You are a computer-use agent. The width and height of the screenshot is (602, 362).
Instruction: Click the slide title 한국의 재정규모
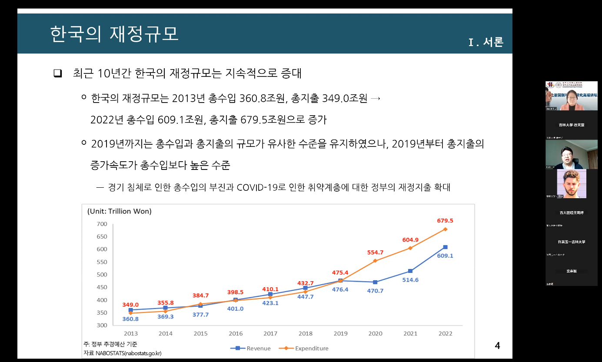tap(114, 34)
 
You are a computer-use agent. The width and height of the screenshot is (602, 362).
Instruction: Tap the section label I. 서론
tap(486, 43)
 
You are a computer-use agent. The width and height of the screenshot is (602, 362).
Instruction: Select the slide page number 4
tap(498, 346)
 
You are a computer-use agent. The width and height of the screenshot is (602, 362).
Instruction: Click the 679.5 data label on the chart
tap(445, 221)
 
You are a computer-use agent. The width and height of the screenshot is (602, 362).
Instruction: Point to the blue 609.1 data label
tap(445, 256)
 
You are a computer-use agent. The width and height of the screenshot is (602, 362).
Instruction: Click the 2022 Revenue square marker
tap(446, 247)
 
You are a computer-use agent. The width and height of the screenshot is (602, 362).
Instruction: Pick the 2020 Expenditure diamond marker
tap(375, 261)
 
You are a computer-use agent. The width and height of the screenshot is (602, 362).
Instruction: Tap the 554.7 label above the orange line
tap(375, 252)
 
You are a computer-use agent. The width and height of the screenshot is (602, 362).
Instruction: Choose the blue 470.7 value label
tap(375, 291)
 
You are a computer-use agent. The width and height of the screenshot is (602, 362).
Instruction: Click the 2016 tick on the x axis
tap(236, 334)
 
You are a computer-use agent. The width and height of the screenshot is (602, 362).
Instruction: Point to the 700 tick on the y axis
tap(102, 224)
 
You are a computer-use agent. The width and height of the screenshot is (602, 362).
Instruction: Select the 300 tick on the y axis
tap(102, 325)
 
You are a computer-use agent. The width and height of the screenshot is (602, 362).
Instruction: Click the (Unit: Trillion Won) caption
tap(119, 212)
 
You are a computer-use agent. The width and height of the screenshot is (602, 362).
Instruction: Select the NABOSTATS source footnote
tap(122, 353)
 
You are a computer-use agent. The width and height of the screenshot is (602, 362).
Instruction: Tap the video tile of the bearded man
tap(572, 184)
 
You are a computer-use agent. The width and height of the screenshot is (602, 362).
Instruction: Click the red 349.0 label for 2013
tap(130, 305)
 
